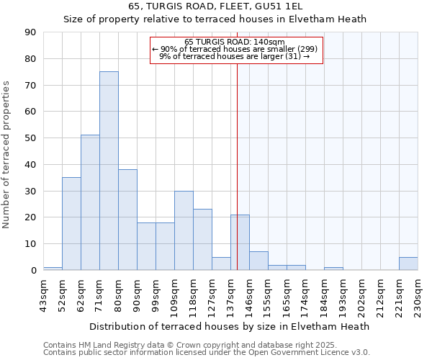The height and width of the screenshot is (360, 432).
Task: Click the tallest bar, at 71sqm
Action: coord(109,171)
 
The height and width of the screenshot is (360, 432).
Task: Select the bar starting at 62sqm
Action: coord(90,202)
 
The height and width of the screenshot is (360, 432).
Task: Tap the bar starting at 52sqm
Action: coord(71,223)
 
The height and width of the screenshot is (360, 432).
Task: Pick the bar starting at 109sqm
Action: coord(184,230)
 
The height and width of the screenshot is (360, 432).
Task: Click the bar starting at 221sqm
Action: coord(408,264)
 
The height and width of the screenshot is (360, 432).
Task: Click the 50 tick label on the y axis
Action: coord(30,138)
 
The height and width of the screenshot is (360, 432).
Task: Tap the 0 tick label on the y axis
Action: coord(33,270)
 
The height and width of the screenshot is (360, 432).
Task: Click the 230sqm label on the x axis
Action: coord(418,295)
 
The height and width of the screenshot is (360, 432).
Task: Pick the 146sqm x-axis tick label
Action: coord(250,295)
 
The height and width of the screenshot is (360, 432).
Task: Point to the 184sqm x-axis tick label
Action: coord(325,295)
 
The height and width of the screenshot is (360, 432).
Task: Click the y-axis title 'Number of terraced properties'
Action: coord(7,154)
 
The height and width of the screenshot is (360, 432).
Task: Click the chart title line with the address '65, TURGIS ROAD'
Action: coord(215,6)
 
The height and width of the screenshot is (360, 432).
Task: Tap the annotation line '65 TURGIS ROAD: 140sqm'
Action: coord(235,42)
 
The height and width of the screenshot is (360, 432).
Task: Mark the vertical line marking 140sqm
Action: coord(237,180)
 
